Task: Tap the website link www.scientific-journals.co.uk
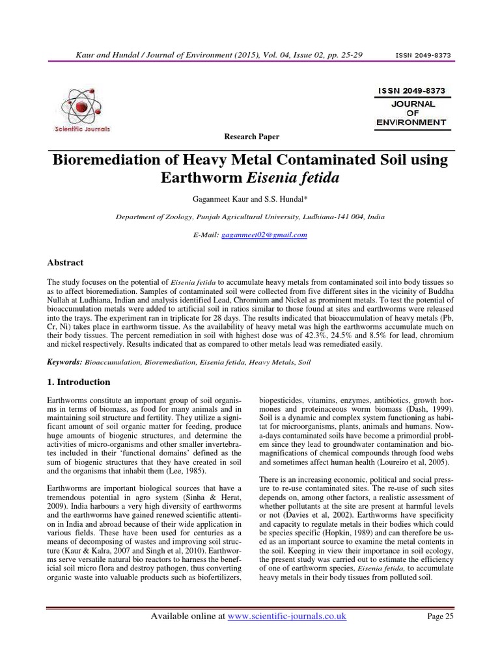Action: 286,616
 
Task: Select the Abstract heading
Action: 66,263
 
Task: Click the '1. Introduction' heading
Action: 79,382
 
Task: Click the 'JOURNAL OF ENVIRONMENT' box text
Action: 411,112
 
